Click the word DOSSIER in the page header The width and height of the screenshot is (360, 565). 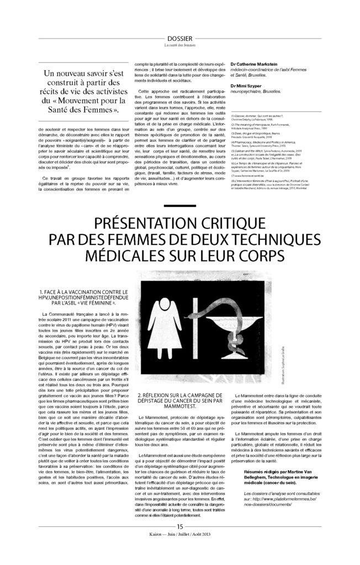(x=179, y=31)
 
